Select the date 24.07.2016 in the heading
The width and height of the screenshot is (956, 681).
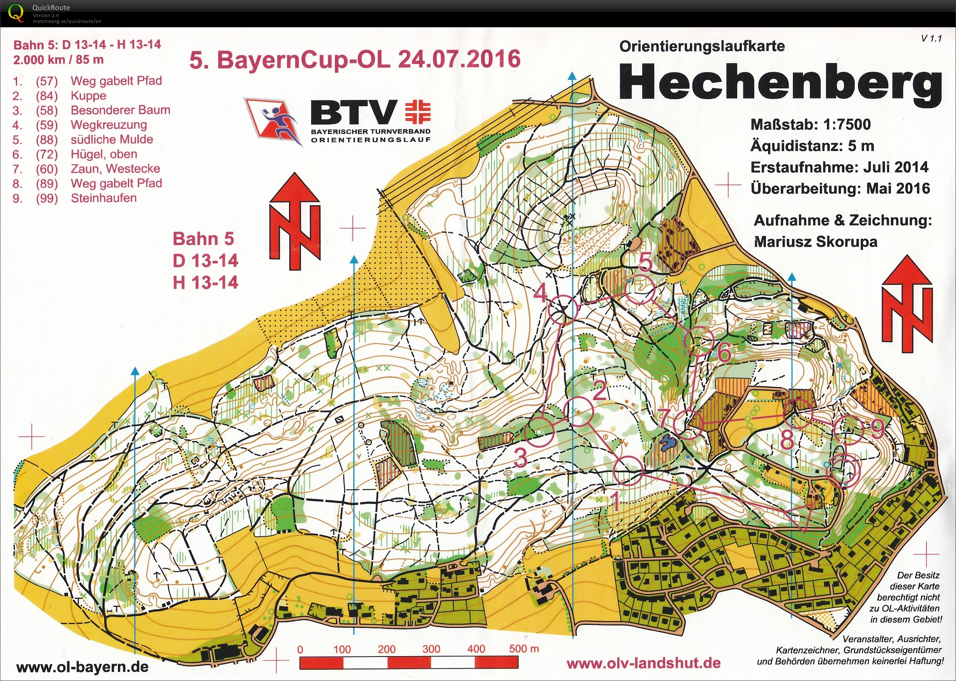click(459, 59)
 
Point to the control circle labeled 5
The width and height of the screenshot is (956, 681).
click(640, 290)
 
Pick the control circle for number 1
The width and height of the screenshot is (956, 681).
click(628, 471)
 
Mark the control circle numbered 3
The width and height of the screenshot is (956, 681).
click(540, 432)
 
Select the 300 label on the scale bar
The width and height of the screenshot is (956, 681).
click(431, 649)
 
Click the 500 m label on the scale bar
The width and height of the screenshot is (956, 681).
click(524, 649)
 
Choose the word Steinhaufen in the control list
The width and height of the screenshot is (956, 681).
click(104, 198)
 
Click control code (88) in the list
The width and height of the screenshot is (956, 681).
click(46, 140)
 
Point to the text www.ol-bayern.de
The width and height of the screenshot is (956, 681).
click(82, 667)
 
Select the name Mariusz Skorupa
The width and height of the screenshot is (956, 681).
click(815, 242)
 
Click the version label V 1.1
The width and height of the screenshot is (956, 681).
click(931, 39)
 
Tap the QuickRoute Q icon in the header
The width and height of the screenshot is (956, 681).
click(16, 12)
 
